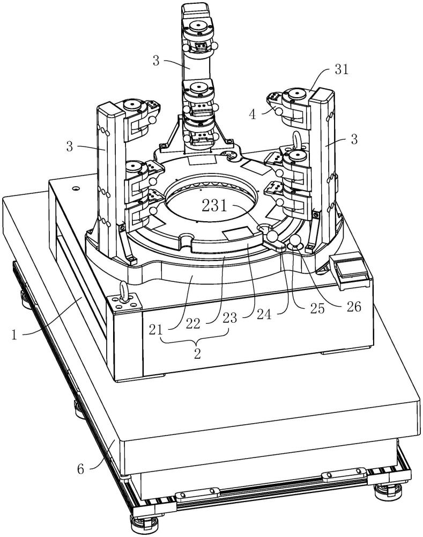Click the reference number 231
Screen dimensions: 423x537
(214, 206)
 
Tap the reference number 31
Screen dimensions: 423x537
(341, 69)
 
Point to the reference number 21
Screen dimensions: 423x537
(156, 329)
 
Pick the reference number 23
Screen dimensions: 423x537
(229, 318)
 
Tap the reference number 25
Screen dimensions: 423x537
(317, 308)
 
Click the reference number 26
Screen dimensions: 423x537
(354, 307)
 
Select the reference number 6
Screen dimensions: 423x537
(80, 468)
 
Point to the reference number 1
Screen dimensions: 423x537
(14, 334)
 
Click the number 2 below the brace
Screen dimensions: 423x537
(197, 354)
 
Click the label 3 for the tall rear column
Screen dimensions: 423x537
(156, 61)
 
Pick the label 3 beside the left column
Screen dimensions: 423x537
(69, 147)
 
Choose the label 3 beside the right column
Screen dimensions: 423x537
(354, 140)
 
